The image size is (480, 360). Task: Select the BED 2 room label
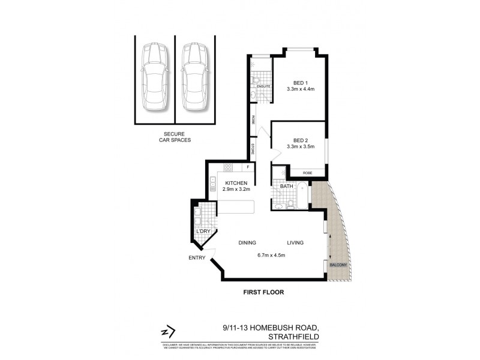pyautogui.click(x=301, y=142)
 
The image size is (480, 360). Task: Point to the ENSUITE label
pyautogui.click(x=264, y=87)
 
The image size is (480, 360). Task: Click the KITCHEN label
pyautogui.click(x=236, y=183)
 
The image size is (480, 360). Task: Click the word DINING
pyautogui.click(x=247, y=243)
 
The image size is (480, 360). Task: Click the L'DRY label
pyautogui.click(x=203, y=231)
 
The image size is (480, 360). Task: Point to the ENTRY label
pyautogui.click(x=196, y=258)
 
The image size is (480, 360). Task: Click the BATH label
pyautogui.click(x=286, y=186)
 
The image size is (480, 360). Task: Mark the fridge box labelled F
pyautogui.click(x=247, y=167)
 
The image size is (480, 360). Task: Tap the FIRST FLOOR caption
pyautogui.click(x=263, y=293)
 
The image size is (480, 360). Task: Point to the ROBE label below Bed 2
pyautogui.click(x=307, y=173)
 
